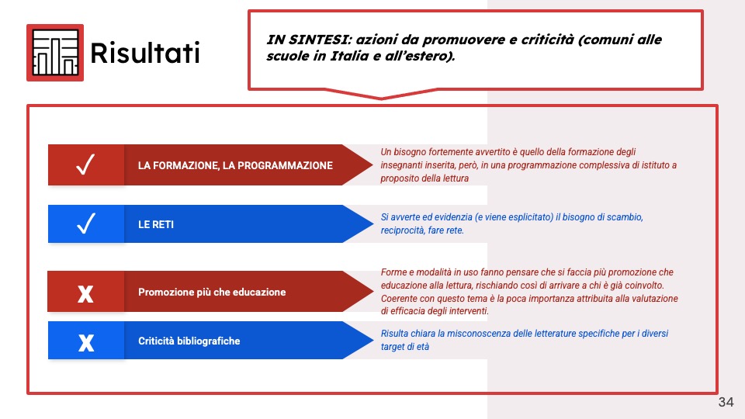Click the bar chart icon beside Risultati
pyautogui.click(x=55, y=53)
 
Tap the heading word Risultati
pyautogui.click(x=145, y=53)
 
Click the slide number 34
pyautogui.click(x=726, y=402)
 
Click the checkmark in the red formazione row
pyautogui.click(x=85, y=164)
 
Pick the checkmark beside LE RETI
pyautogui.click(x=86, y=223)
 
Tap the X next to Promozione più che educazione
pyautogui.click(x=85, y=294)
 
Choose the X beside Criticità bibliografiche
pyautogui.click(x=86, y=342)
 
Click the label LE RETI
pyautogui.click(x=156, y=224)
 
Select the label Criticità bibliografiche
pyautogui.click(x=189, y=341)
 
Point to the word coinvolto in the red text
pyautogui.click(x=645, y=286)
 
